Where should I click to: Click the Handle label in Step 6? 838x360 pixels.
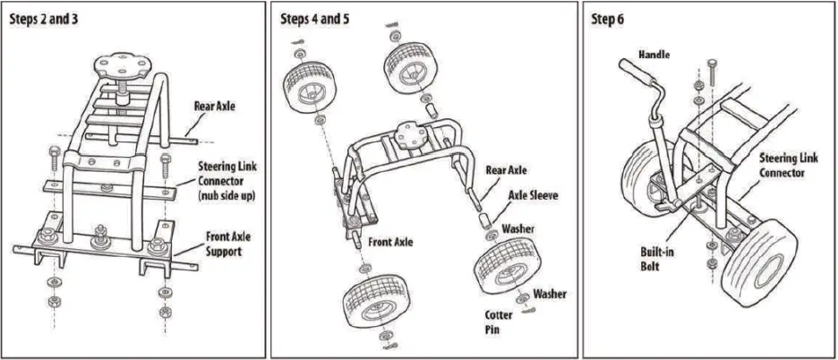point(654,55)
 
